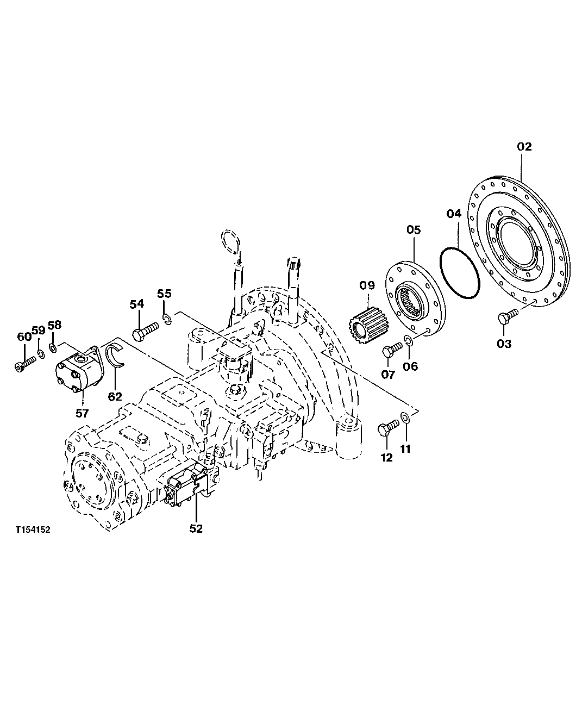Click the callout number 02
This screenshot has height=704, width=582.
(x=524, y=146)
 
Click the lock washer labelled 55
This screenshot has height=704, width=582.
(x=166, y=318)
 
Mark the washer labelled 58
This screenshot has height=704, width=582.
(x=53, y=347)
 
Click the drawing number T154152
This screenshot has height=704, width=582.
(x=33, y=529)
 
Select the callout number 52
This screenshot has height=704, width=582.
(x=196, y=528)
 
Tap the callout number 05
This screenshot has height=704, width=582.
(x=414, y=230)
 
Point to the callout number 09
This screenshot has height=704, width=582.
(x=366, y=285)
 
